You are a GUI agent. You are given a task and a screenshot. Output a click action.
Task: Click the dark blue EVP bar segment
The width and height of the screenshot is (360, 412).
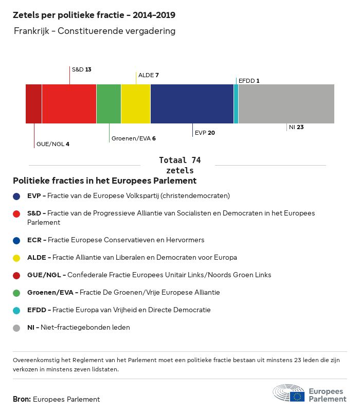[x=192, y=104]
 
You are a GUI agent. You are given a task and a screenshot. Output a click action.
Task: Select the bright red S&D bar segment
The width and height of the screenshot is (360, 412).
[x=69, y=104]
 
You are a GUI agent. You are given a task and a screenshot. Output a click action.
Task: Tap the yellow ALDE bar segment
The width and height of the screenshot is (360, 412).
[x=136, y=104]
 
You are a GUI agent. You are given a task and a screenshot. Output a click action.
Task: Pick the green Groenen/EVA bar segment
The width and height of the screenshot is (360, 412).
[x=109, y=104]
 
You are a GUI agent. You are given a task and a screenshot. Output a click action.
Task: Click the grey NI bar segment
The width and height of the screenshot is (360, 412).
[x=286, y=104]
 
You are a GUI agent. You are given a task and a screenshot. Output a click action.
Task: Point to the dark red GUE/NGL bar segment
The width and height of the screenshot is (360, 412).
[x=34, y=104]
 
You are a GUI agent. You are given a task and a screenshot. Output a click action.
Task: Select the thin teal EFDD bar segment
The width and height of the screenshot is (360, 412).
[x=236, y=104]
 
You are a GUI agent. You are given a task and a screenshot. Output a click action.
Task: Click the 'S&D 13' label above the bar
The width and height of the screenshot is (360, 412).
[x=82, y=69]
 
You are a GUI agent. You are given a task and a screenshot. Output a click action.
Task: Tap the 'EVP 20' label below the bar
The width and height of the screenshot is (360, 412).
[x=205, y=133]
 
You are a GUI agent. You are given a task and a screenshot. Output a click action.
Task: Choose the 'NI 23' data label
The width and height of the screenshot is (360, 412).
[x=296, y=127]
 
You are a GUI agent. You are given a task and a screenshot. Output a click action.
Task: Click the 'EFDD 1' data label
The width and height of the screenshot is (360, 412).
[x=249, y=81]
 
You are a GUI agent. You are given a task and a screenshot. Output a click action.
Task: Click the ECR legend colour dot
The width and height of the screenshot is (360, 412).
[x=17, y=240]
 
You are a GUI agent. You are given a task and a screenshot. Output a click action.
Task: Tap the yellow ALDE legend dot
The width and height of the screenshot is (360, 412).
[x=17, y=258]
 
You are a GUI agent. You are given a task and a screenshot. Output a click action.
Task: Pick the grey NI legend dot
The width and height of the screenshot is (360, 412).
[x=17, y=328]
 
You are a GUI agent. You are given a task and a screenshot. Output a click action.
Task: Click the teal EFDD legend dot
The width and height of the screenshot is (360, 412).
[x=17, y=310]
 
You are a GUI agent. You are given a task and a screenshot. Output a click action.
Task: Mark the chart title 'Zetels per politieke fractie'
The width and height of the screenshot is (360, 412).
[x=97, y=15]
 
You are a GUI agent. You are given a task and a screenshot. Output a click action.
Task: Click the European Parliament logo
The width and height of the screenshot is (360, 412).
[x=310, y=393]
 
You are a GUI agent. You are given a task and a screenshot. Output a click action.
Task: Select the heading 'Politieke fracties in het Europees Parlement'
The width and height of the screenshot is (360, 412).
[x=104, y=181]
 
